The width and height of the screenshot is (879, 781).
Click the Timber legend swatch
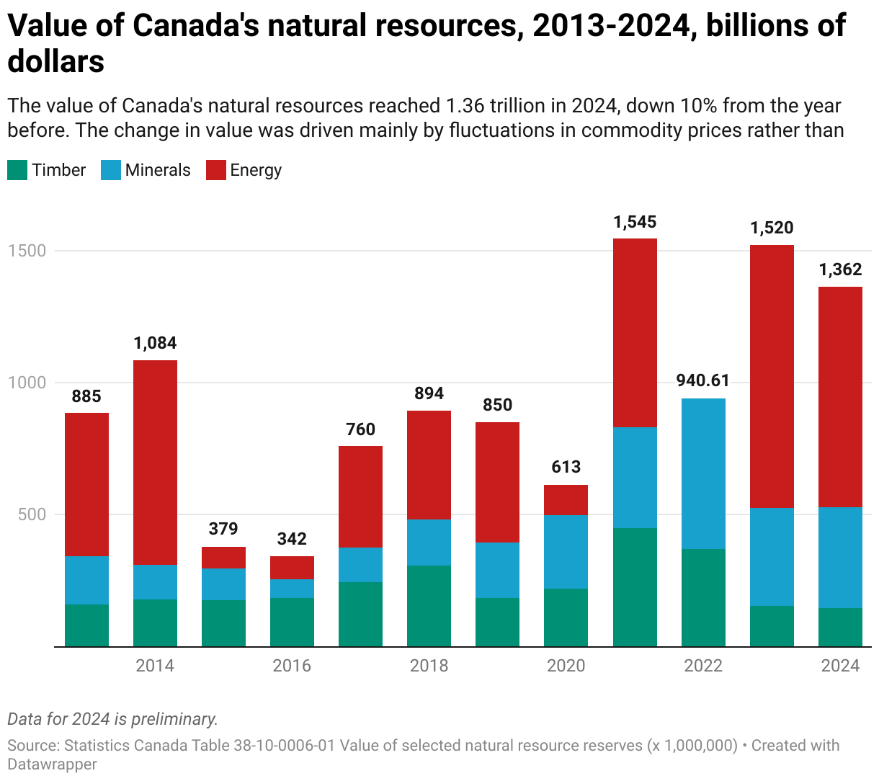pyautogui.click(x=17, y=171)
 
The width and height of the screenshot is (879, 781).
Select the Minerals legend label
pyautogui.click(x=158, y=171)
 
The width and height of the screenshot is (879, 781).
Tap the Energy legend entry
pyautogui.click(x=255, y=171)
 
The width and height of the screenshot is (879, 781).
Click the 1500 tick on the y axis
pyautogui.click(x=27, y=251)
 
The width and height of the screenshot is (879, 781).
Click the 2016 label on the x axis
pyautogui.click(x=292, y=666)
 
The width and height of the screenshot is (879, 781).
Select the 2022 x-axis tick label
pyautogui.click(x=703, y=666)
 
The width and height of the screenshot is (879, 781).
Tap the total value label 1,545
pyautogui.click(x=635, y=222)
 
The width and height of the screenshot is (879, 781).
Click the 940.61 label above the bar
pyautogui.click(x=703, y=380)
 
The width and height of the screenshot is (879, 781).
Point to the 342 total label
pyautogui.click(x=292, y=539)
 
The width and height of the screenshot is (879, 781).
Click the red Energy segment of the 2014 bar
pyautogui.click(x=155, y=461)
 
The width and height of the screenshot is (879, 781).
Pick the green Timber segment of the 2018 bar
pyautogui.click(x=429, y=605)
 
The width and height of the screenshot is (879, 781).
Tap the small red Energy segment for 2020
pyautogui.click(x=566, y=499)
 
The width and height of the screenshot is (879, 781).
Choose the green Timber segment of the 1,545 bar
pyautogui.click(x=635, y=587)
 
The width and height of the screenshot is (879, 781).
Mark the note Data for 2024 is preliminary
pyautogui.click(x=112, y=719)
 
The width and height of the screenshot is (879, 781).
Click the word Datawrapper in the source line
pyautogui.click(x=52, y=764)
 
